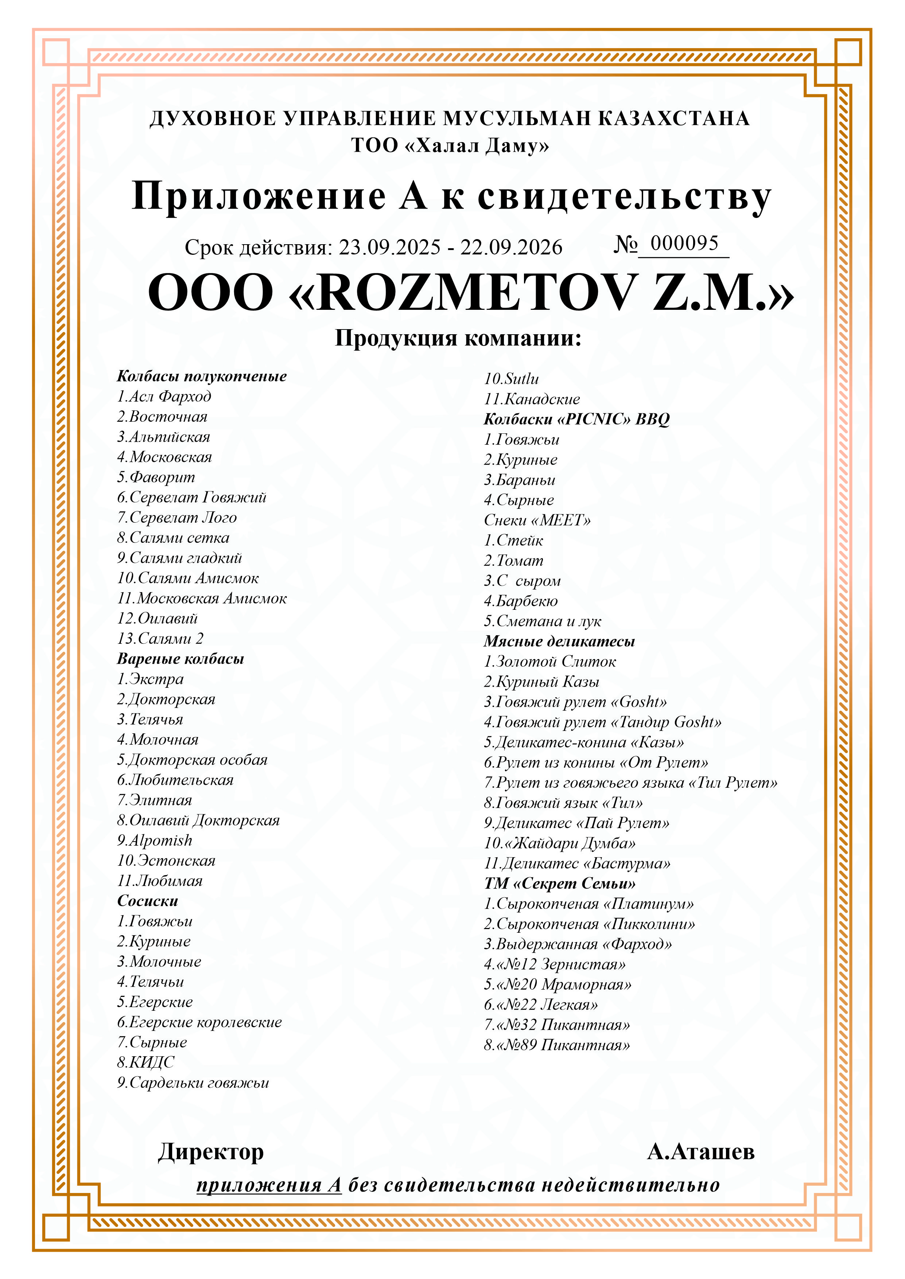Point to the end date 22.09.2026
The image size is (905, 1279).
click(x=511, y=247)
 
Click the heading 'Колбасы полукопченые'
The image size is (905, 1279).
click(x=201, y=376)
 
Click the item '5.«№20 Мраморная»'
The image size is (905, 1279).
click(x=557, y=984)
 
